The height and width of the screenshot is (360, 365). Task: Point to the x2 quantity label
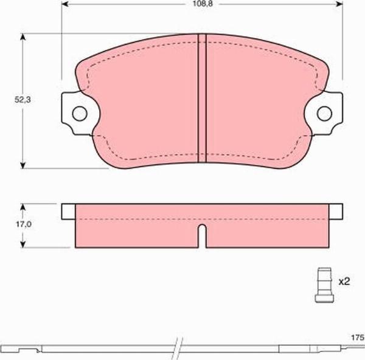(344, 282)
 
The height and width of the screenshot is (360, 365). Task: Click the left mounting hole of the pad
(78, 113)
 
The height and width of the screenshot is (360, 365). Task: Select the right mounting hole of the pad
(325, 113)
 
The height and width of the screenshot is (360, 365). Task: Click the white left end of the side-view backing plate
(68, 210)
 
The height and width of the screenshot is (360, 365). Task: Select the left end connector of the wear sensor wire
(24, 350)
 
